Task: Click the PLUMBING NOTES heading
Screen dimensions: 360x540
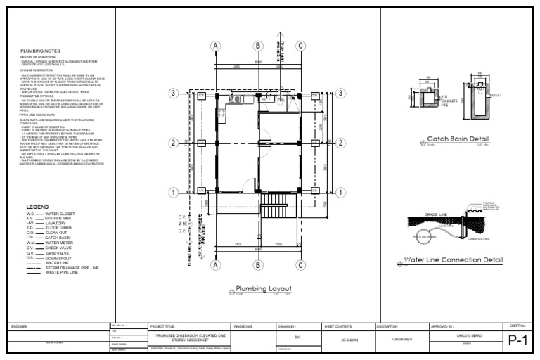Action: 40,51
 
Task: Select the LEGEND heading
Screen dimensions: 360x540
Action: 37,207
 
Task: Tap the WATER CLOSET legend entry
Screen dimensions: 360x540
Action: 60,213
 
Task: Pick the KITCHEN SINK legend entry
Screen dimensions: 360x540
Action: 59,218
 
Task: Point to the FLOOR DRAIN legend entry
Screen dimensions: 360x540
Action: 59,228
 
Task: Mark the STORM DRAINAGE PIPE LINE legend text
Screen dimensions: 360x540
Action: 72,268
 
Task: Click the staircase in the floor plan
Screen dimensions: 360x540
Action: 275,209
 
